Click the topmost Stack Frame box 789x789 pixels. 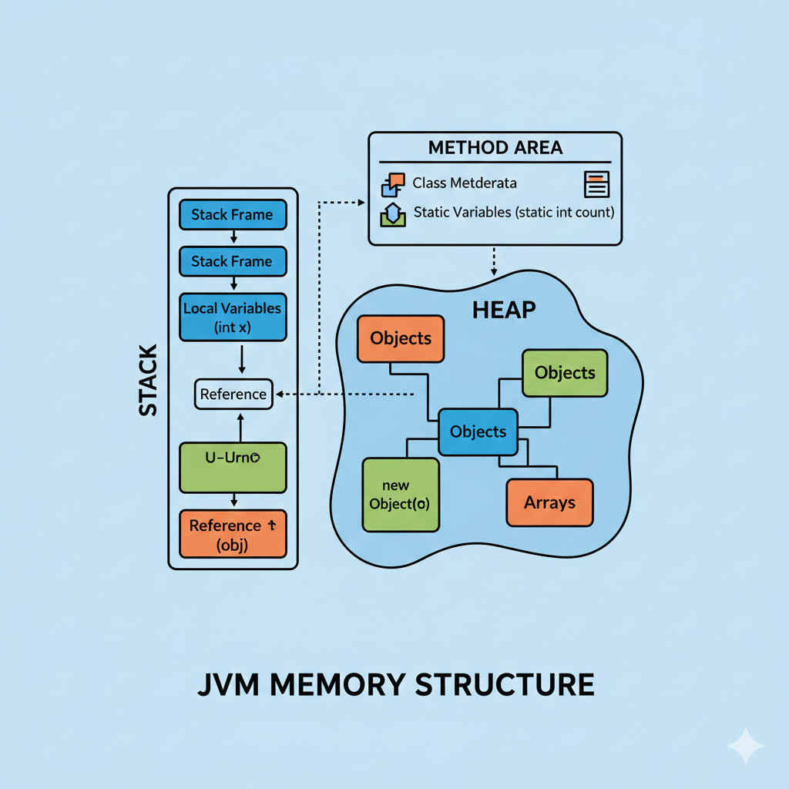(x=232, y=215)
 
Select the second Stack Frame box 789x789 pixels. (x=232, y=261)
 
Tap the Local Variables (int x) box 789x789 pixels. (x=232, y=317)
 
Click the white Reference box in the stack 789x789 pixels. (x=233, y=394)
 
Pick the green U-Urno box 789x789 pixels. (x=232, y=467)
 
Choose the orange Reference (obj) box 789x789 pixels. (x=232, y=533)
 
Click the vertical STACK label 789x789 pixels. (x=148, y=381)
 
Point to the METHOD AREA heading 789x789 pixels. (x=495, y=147)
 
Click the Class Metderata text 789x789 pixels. (x=465, y=183)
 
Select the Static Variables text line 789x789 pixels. (x=513, y=212)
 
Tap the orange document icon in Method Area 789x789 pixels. (x=596, y=183)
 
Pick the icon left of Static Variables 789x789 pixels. (x=392, y=214)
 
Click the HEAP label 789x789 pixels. (x=504, y=311)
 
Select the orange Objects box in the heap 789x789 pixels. (x=401, y=338)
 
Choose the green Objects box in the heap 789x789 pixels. (x=565, y=373)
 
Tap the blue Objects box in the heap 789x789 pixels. (x=478, y=431)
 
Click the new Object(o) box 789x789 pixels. (x=400, y=495)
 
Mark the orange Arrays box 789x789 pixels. (x=549, y=503)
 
